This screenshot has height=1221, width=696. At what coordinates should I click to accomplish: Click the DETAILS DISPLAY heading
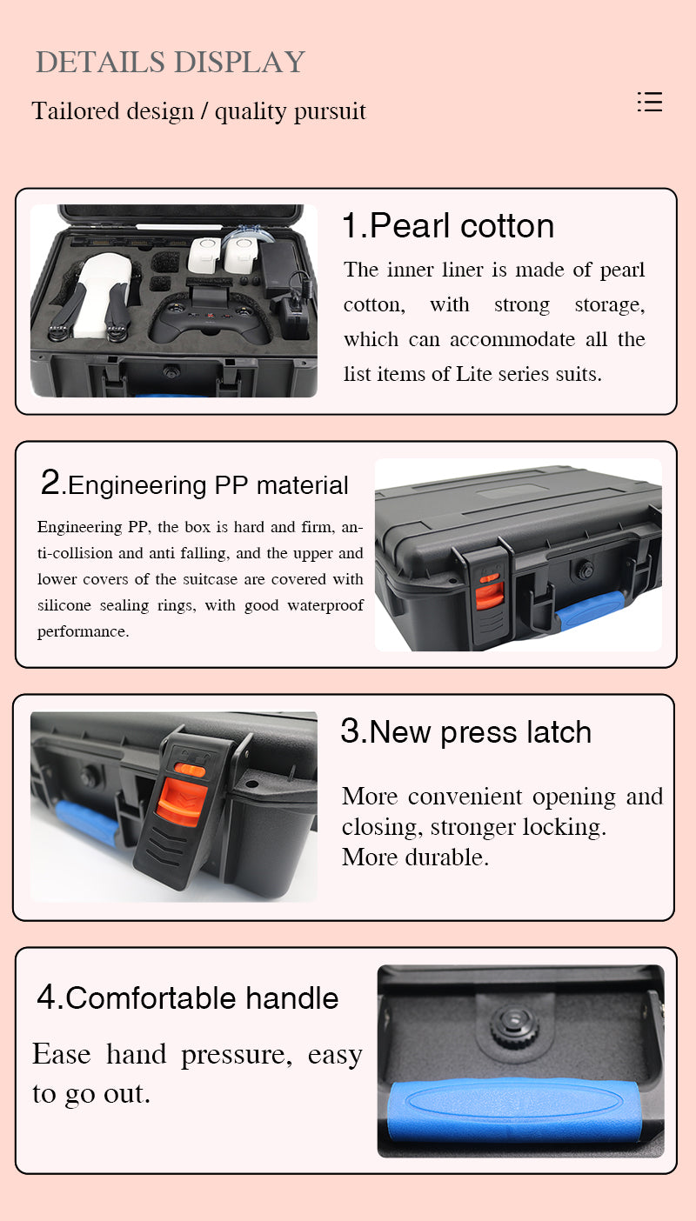[171, 63]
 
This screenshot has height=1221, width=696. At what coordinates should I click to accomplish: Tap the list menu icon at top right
[650, 102]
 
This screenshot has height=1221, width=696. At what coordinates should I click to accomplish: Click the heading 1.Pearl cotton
[447, 226]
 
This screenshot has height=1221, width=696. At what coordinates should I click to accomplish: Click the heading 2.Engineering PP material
[195, 484]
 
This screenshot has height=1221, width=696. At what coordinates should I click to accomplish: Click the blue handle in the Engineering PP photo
[591, 609]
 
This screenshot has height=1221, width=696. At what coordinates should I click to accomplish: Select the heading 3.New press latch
[465, 732]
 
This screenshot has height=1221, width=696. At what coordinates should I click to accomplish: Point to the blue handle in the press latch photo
[86, 822]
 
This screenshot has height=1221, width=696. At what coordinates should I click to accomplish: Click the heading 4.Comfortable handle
[188, 997]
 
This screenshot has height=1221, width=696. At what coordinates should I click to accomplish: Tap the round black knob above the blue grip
[515, 1027]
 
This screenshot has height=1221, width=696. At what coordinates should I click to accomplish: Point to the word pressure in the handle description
[236, 1055]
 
